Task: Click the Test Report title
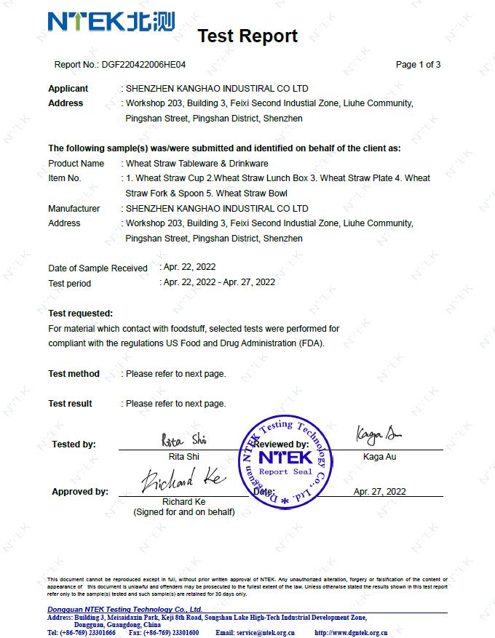247,36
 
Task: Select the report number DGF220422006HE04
144,64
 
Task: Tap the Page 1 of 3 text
418,64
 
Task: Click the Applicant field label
68,88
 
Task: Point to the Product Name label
76,164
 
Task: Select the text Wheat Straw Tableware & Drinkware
197,164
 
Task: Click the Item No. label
65,178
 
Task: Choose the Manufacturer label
74,209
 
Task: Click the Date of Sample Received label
98,268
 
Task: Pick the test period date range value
219,282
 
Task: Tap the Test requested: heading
80,314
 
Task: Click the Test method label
74,374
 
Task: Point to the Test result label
70,404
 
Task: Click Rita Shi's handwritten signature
184,439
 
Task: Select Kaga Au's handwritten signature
379,435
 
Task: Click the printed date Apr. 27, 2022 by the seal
379,491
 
